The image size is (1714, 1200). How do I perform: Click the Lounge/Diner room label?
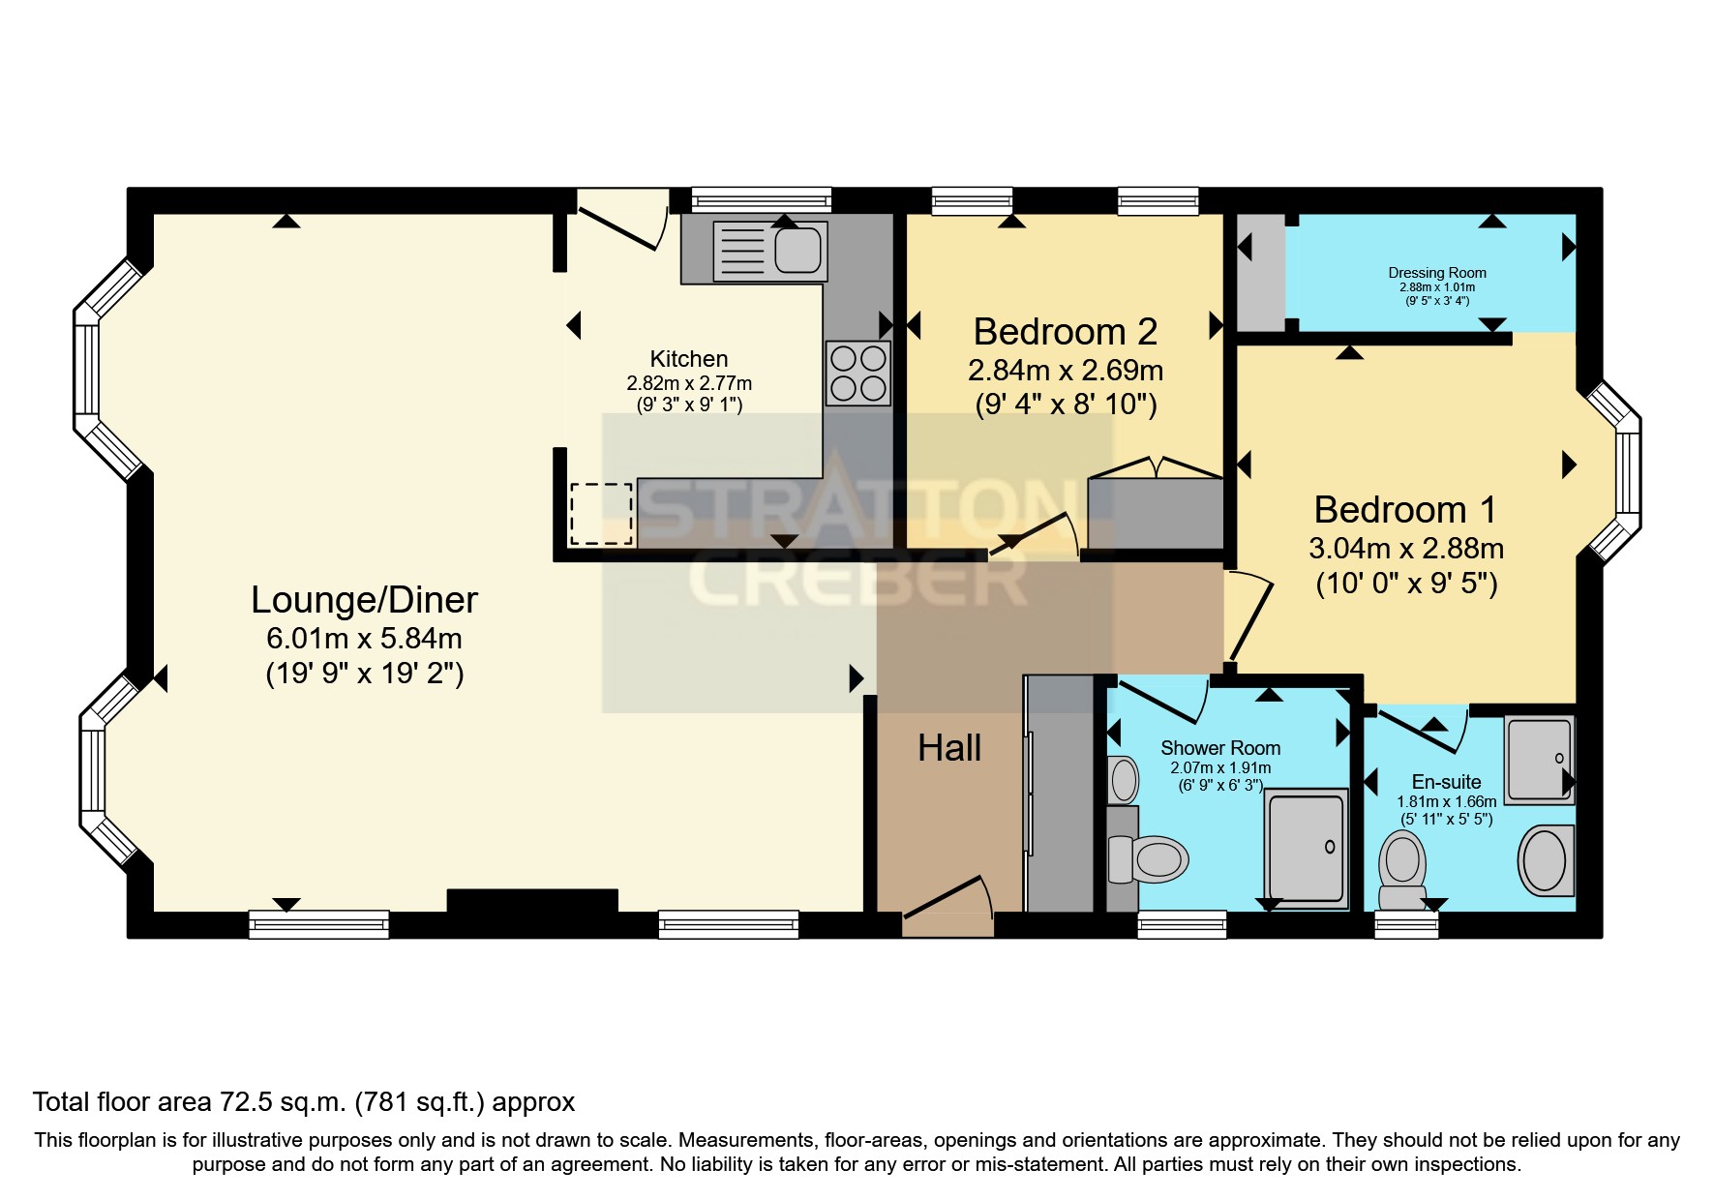point(364,600)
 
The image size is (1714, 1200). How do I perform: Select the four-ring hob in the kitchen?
point(857,373)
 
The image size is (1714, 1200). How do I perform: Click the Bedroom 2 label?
point(1065,332)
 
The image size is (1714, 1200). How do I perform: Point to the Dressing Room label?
point(1436,273)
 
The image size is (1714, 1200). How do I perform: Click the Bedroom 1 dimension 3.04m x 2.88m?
point(1405,549)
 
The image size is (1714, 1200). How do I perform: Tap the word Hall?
point(948,748)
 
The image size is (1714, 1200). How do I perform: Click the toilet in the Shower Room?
point(1152,858)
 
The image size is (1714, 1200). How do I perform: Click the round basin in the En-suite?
point(1545,860)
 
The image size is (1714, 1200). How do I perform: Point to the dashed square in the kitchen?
point(601,513)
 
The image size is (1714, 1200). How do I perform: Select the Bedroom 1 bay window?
point(1616,472)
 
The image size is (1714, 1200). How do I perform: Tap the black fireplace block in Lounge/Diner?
point(531,901)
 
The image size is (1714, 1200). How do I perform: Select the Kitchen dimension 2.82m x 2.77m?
point(688,383)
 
